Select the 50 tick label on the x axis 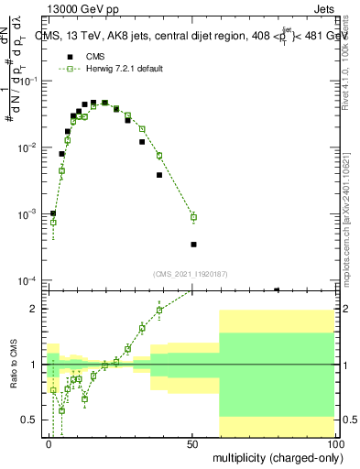192,442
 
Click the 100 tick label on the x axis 333,442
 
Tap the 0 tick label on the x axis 49,442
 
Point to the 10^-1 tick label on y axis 31,82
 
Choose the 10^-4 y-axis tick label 31,279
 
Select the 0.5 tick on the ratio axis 33,420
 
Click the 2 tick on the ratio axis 38,309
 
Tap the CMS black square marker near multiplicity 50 193,245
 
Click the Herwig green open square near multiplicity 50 193,217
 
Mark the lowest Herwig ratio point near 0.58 61,410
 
